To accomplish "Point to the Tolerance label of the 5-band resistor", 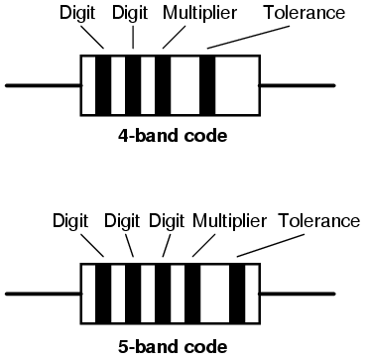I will coord(319,220).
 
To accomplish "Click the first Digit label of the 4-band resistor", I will coord(77,14).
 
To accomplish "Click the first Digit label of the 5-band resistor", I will coord(72,220).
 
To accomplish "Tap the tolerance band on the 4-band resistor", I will coord(207,86).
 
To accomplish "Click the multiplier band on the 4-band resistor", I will coord(163,86).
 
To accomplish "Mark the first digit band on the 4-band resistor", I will coord(103,86).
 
